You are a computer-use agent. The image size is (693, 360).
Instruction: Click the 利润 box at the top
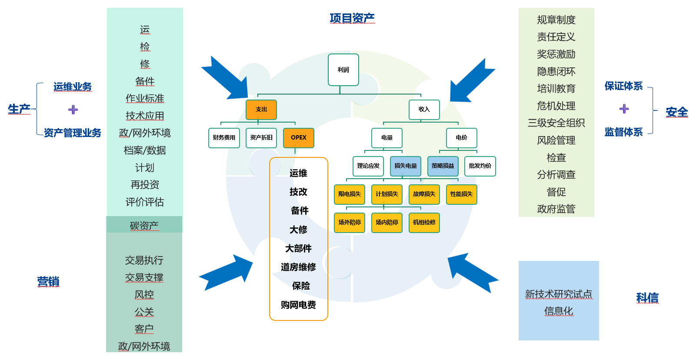point(343,70)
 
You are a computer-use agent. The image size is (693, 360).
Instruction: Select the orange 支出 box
point(261,110)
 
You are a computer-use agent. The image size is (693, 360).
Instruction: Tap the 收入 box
point(424,110)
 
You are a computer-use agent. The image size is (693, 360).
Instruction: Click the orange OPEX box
point(298,138)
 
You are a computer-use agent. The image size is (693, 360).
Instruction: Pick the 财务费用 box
point(224,138)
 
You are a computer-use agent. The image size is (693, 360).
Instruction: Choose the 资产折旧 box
point(261,138)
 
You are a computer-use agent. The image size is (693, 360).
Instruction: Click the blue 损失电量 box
point(405,166)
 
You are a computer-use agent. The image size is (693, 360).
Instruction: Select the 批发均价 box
point(480,166)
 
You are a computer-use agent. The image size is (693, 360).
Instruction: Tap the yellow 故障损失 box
point(424,194)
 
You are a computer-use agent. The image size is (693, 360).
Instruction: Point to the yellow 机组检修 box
point(424,223)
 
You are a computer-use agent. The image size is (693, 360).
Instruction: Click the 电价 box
point(461,138)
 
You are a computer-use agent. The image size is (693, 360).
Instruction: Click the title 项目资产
point(352,18)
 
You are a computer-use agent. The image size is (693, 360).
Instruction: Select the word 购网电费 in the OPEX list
point(298,305)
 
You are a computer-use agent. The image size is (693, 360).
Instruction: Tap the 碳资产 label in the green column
point(144,225)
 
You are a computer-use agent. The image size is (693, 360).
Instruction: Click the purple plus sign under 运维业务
point(73,110)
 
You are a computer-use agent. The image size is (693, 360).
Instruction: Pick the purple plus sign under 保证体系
point(624,109)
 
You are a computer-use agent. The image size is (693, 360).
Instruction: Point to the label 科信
point(647,298)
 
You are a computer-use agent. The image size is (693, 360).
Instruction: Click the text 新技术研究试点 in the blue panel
point(558,294)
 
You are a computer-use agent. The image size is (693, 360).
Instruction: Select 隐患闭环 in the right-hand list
point(556,71)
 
